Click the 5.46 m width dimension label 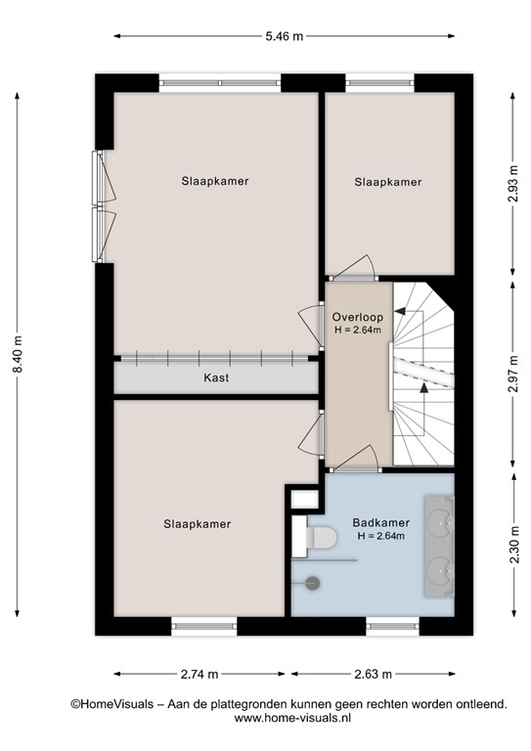pyautogui.click(x=285, y=36)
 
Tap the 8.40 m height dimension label pyautogui.click(x=18, y=354)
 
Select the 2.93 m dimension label pyautogui.click(x=512, y=184)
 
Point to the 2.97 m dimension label pyautogui.click(x=512, y=374)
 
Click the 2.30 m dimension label pyautogui.click(x=513, y=545)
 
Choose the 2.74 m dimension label pyautogui.click(x=199, y=675)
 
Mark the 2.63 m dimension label pyautogui.click(x=373, y=675)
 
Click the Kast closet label pyautogui.click(x=216, y=377)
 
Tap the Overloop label pyautogui.click(x=358, y=317)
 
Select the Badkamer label pyautogui.click(x=380, y=522)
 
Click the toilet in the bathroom pyautogui.click(x=321, y=537)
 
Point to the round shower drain pyautogui.click(x=313, y=583)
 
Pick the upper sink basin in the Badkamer pyautogui.click(x=440, y=522)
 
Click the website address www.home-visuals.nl pyautogui.click(x=292, y=718)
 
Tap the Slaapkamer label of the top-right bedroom pyautogui.click(x=388, y=182)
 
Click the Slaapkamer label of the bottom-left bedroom pyautogui.click(x=198, y=524)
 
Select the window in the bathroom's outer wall pyautogui.click(x=392, y=626)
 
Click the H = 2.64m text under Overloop pyautogui.click(x=358, y=330)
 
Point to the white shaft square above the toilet pyautogui.click(x=305, y=500)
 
